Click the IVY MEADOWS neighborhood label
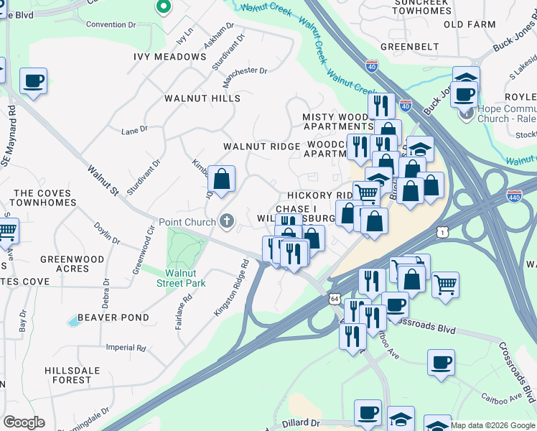tap(170, 57)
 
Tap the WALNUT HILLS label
tap(202, 98)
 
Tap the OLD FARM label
tap(470, 24)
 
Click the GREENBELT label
tap(409, 47)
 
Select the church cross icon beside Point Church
tap(228, 221)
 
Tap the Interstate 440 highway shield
tap(514, 195)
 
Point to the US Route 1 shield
tap(444, 232)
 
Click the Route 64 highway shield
tap(335, 298)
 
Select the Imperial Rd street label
tap(126, 348)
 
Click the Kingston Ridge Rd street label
tap(230, 288)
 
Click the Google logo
tap(24, 422)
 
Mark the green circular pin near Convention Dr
tap(163, 8)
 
